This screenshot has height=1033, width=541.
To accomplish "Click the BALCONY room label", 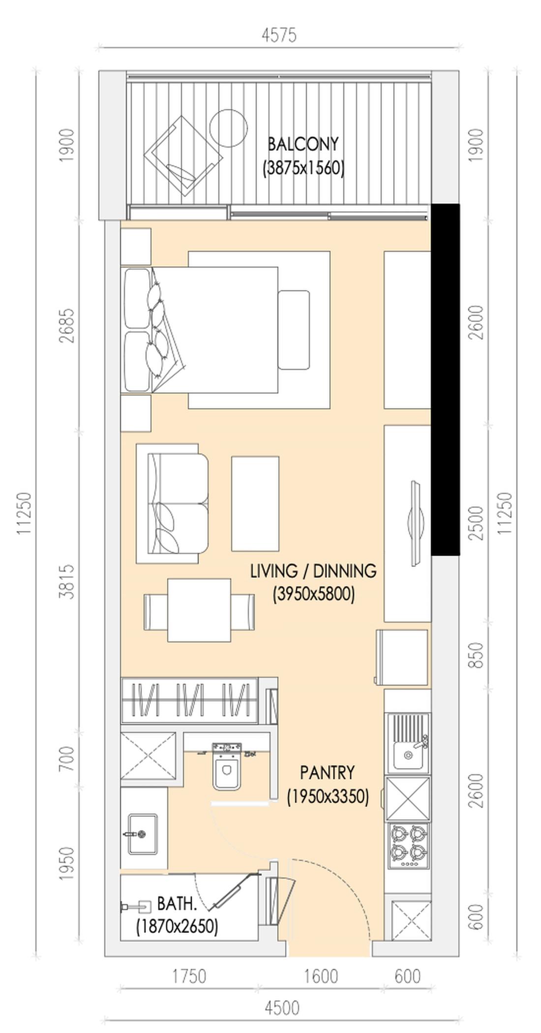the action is (303, 144).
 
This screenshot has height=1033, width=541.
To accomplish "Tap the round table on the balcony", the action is (228, 128).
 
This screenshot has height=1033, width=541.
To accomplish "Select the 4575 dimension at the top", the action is (279, 35).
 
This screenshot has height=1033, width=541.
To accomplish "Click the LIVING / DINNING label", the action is (313, 571).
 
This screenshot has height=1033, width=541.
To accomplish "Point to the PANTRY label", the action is (327, 772).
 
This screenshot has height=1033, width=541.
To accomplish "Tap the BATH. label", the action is (177, 903).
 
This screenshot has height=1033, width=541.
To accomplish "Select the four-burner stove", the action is (408, 846).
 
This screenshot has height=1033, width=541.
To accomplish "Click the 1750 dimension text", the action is (189, 976).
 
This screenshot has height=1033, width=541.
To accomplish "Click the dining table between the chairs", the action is (199, 610).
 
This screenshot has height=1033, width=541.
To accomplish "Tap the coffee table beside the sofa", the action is (255, 504).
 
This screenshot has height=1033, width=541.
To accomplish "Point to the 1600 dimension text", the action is (321, 976).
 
